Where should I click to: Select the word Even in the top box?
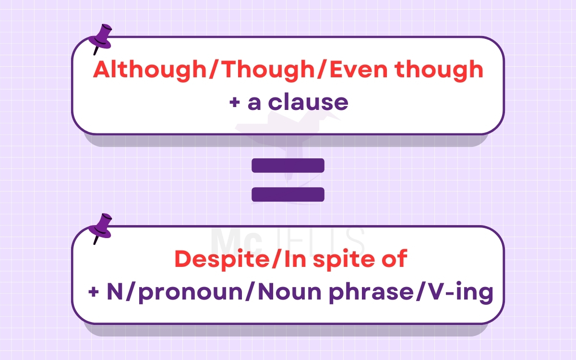click(x=352, y=70)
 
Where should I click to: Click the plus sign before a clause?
click(x=235, y=103)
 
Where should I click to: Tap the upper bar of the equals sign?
click(x=288, y=166)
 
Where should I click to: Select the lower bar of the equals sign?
click(x=288, y=194)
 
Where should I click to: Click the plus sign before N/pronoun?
click(x=93, y=293)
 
